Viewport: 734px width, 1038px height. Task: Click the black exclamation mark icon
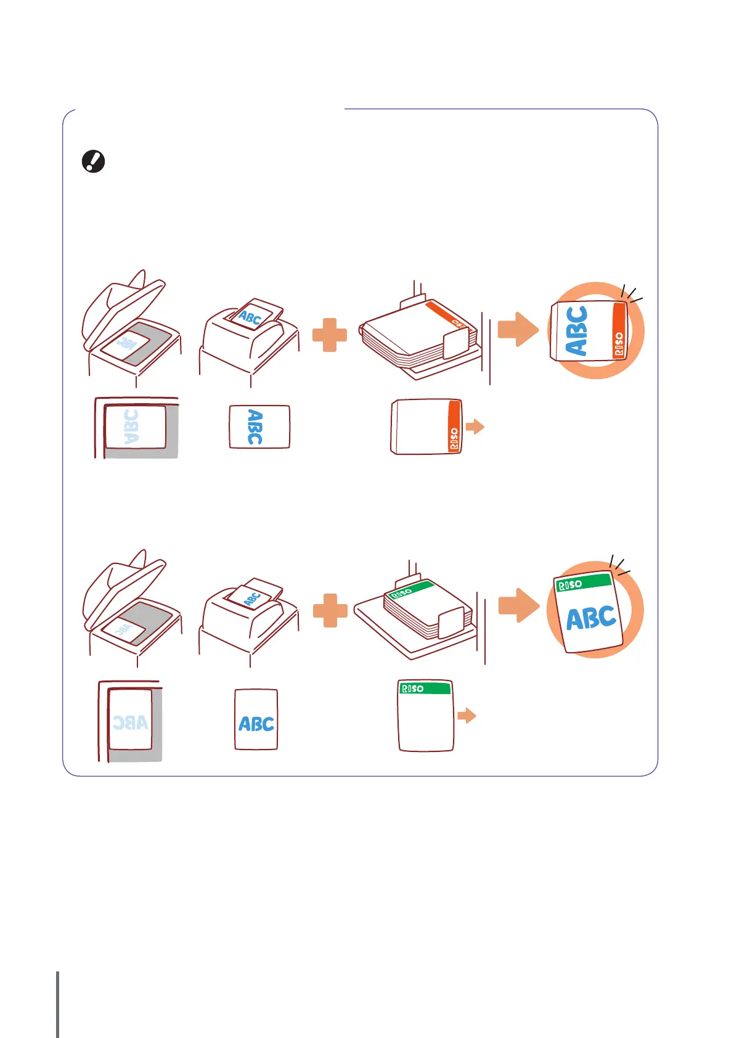point(94,161)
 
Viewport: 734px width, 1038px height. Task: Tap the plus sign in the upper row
point(330,335)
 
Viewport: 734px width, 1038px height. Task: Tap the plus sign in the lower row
point(330,610)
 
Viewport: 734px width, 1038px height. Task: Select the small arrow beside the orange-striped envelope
point(475,427)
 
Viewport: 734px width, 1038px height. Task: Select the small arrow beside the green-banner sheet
point(467,716)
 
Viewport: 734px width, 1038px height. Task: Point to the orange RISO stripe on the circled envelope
point(619,330)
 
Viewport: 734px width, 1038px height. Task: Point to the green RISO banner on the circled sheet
point(583,582)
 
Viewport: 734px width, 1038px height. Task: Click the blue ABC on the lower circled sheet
point(591,618)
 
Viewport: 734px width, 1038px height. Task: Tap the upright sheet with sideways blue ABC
point(259,427)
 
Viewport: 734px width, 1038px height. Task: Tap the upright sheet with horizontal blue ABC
point(256,719)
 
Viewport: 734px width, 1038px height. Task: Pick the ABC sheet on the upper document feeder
point(250,317)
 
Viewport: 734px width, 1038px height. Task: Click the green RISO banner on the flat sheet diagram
point(425,688)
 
